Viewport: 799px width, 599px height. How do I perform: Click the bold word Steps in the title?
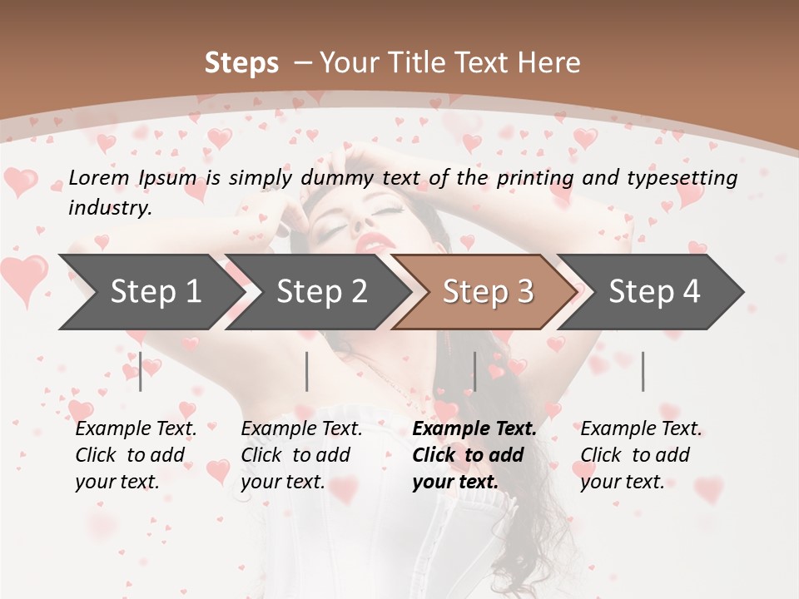(x=241, y=63)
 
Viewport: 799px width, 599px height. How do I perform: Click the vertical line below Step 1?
(x=141, y=371)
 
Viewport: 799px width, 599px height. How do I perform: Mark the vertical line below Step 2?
(x=307, y=371)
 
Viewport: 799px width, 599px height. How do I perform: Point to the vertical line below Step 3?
(x=474, y=371)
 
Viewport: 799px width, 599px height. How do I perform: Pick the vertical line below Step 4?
(x=643, y=371)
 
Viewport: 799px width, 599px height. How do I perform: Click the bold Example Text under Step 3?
(x=474, y=429)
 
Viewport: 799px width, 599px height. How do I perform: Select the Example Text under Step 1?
(x=136, y=429)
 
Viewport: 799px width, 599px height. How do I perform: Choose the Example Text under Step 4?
(x=641, y=429)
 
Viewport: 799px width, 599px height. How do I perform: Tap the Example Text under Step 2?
(x=301, y=429)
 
